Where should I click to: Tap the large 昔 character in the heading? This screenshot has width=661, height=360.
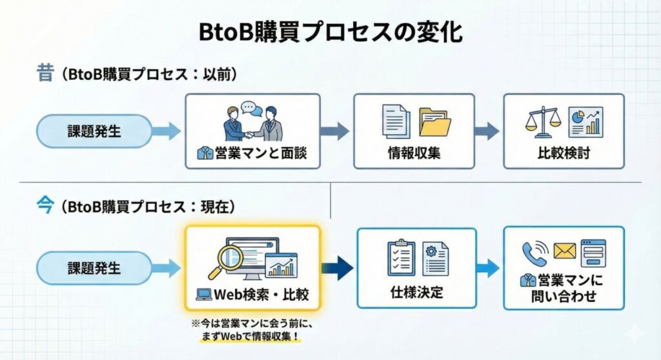[x=45, y=73]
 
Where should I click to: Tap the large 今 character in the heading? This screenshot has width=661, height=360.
[x=45, y=206]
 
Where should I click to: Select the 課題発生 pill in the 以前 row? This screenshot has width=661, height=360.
[x=94, y=132]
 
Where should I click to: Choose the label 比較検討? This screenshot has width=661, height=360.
[x=564, y=154]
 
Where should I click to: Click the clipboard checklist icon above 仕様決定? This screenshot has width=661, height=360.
[x=401, y=258]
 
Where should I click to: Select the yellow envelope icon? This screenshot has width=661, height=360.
[x=564, y=252]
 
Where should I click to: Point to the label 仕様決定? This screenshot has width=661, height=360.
[x=416, y=291]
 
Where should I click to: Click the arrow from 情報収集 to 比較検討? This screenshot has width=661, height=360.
[x=487, y=131]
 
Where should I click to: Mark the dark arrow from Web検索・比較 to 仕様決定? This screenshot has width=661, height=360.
[x=337, y=268]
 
